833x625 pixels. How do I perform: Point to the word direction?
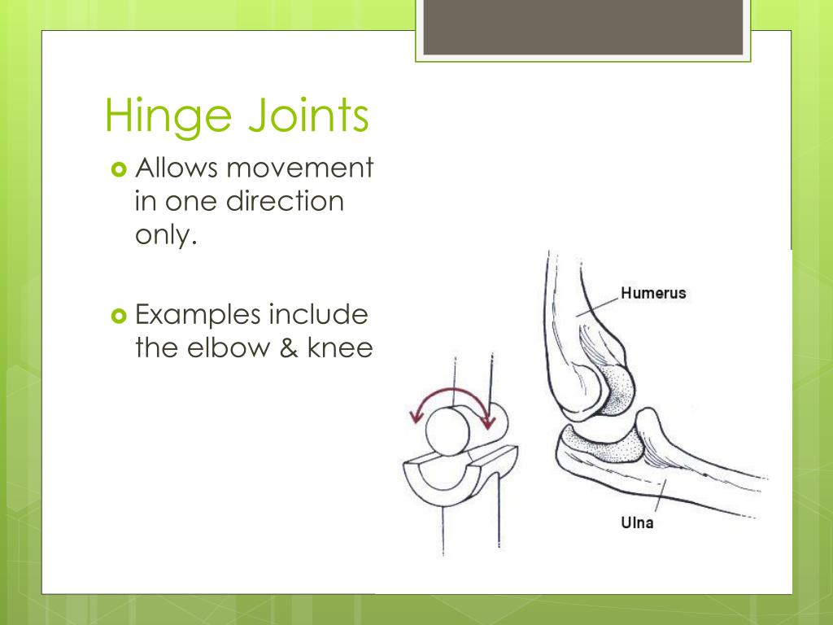(285, 201)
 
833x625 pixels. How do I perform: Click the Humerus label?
(653, 293)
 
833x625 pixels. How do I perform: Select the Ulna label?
(637, 522)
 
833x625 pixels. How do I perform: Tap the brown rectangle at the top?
(582, 27)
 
